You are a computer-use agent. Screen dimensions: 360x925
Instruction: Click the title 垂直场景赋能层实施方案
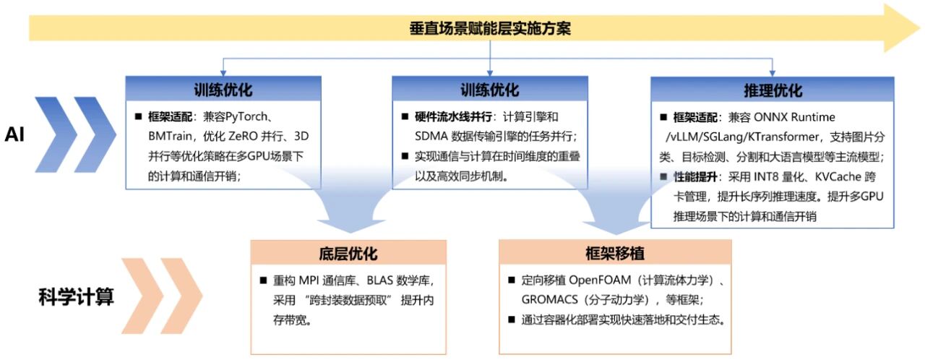point(490,29)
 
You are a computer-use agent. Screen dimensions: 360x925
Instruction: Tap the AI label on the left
point(15,134)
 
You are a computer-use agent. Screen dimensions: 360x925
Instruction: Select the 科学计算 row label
point(69,298)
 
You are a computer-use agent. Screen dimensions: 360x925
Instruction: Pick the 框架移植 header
point(615,254)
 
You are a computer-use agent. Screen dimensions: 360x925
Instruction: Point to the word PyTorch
point(249,117)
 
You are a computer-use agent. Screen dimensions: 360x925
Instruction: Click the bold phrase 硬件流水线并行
point(437,117)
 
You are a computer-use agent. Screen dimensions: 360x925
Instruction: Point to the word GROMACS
point(552,299)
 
